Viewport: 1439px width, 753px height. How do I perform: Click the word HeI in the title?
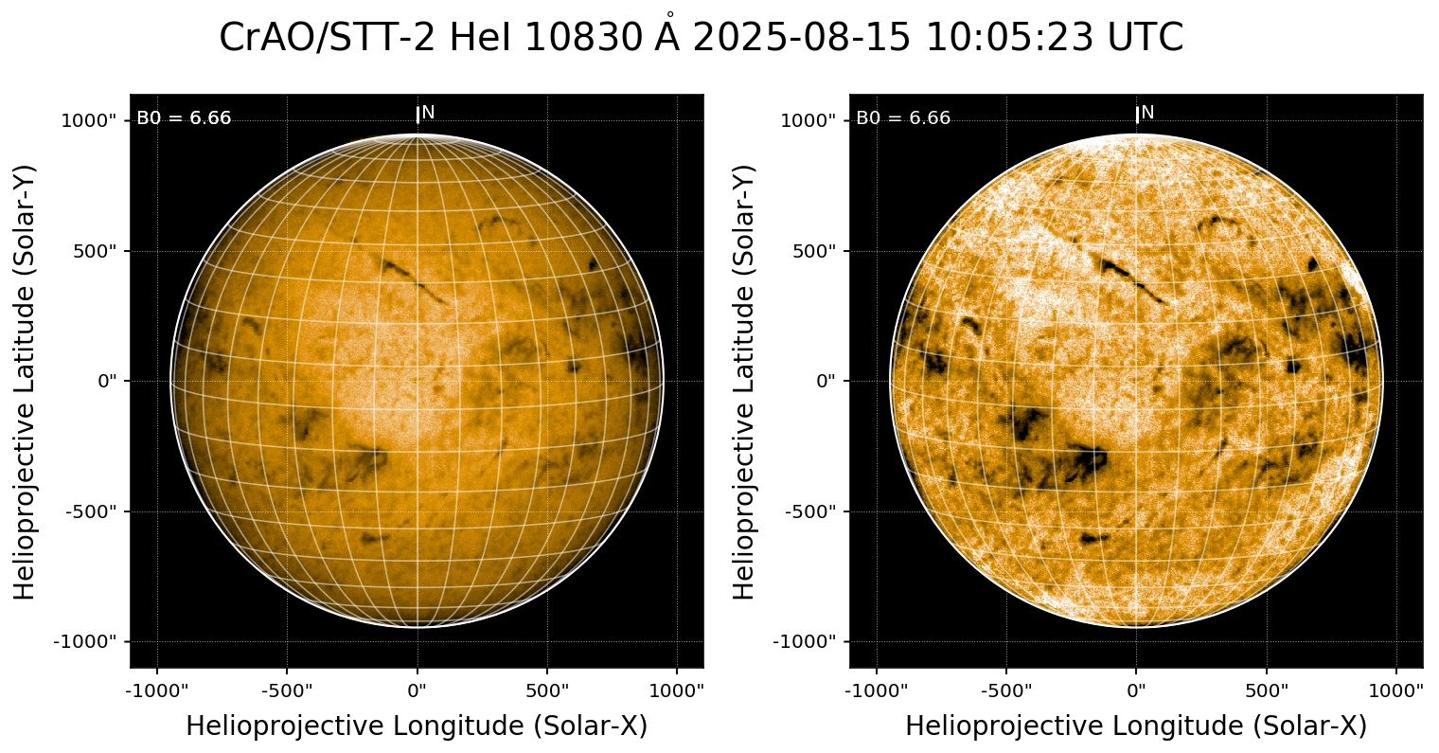(x=480, y=38)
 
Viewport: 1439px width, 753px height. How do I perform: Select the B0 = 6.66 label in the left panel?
(x=184, y=118)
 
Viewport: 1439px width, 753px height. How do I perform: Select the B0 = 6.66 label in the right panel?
(x=903, y=118)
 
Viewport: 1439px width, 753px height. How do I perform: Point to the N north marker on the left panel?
(x=428, y=113)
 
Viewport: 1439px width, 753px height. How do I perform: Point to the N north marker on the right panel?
(x=1147, y=113)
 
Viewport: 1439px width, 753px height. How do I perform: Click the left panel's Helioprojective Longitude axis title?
(x=417, y=726)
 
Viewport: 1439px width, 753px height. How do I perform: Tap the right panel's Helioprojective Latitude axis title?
(x=745, y=381)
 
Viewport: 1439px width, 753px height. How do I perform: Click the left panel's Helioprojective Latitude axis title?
(x=26, y=381)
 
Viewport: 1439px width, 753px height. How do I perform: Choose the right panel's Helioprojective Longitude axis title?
(x=1136, y=726)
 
